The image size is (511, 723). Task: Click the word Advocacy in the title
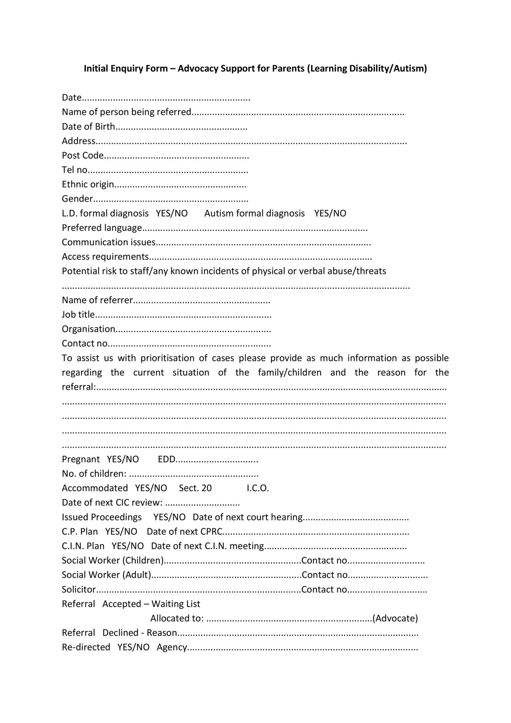pyautogui.click(x=198, y=69)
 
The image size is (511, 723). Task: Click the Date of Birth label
pyautogui.click(x=88, y=126)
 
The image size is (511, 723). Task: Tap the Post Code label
pyautogui.click(x=82, y=155)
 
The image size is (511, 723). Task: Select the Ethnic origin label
pyautogui.click(x=88, y=184)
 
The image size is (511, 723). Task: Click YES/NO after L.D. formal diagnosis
pyautogui.click(x=172, y=213)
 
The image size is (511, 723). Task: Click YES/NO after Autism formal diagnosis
pyautogui.click(x=330, y=213)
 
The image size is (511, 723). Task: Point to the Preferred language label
pyautogui.click(x=102, y=228)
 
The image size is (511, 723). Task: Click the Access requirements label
pyautogui.click(x=105, y=257)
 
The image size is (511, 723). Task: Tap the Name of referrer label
pyautogui.click(x=97, y=300)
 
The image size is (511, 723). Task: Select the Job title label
pyautogui.click(x=78, y=314)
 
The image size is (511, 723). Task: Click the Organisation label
pyautogui.click(x=88, y=329)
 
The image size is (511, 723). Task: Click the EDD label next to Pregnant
pyautogui.click(x=166, y=459)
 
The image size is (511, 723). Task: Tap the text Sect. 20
pyautogui.click(x=195, y=488)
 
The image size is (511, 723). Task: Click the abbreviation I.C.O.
pyautogui.click(x=258, y=488)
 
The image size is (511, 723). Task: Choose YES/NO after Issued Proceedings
pyautogui.click(x=169, y=517)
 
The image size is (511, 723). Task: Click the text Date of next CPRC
pyautogui.click(x=184, y=531)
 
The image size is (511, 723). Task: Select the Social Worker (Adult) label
pyautogui.click(x=106, y=575)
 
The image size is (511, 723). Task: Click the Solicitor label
pyautogui.click(x=79, y=589)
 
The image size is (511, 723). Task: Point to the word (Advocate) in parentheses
pyautogui.click(x=395, y=618)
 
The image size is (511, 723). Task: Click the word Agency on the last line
pyautogui.click(x=172, y=647)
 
